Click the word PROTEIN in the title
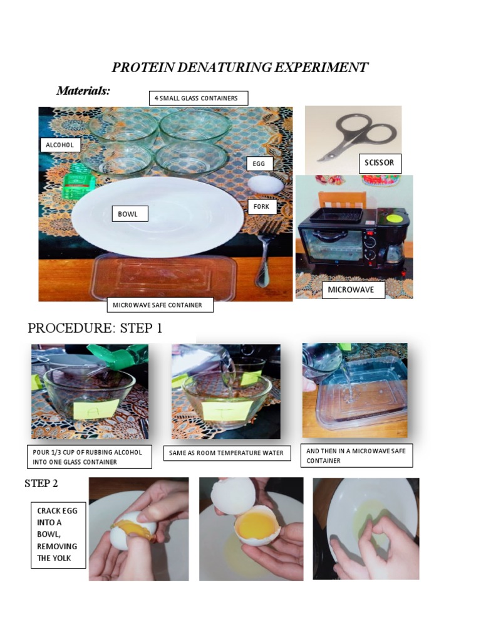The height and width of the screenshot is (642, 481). pyautogui.click(x=138, y=68)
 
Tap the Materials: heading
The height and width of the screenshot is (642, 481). pyautogui.click(x=83, y=91)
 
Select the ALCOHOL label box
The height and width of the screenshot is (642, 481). pyautogui.click(x=60, y=145)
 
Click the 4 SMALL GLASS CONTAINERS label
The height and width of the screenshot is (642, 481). pyautogui.click(x=198, y=98)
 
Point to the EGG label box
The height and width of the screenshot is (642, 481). pyautogui.click(x=259, y=164)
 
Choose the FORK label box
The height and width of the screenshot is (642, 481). pyautogui.click(x=262, y=206)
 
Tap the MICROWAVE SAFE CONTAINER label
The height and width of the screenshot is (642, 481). pyautogui.click(x=160, y=305)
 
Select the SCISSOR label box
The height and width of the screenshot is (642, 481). pyautogui.click(x=380, y=163)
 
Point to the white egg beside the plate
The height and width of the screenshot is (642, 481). pyautogui.click(x=266, y=184)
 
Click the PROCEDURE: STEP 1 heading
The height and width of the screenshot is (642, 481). pyautogui.click(x=95, y=329)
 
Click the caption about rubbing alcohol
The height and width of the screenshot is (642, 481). pyautogui.click(x=91, y=457)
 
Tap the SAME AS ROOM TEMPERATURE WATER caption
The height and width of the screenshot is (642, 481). pyautogui.click(x=227, y=453)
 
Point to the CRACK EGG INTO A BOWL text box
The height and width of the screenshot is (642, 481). pyautogui.click(x=58, y=534)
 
